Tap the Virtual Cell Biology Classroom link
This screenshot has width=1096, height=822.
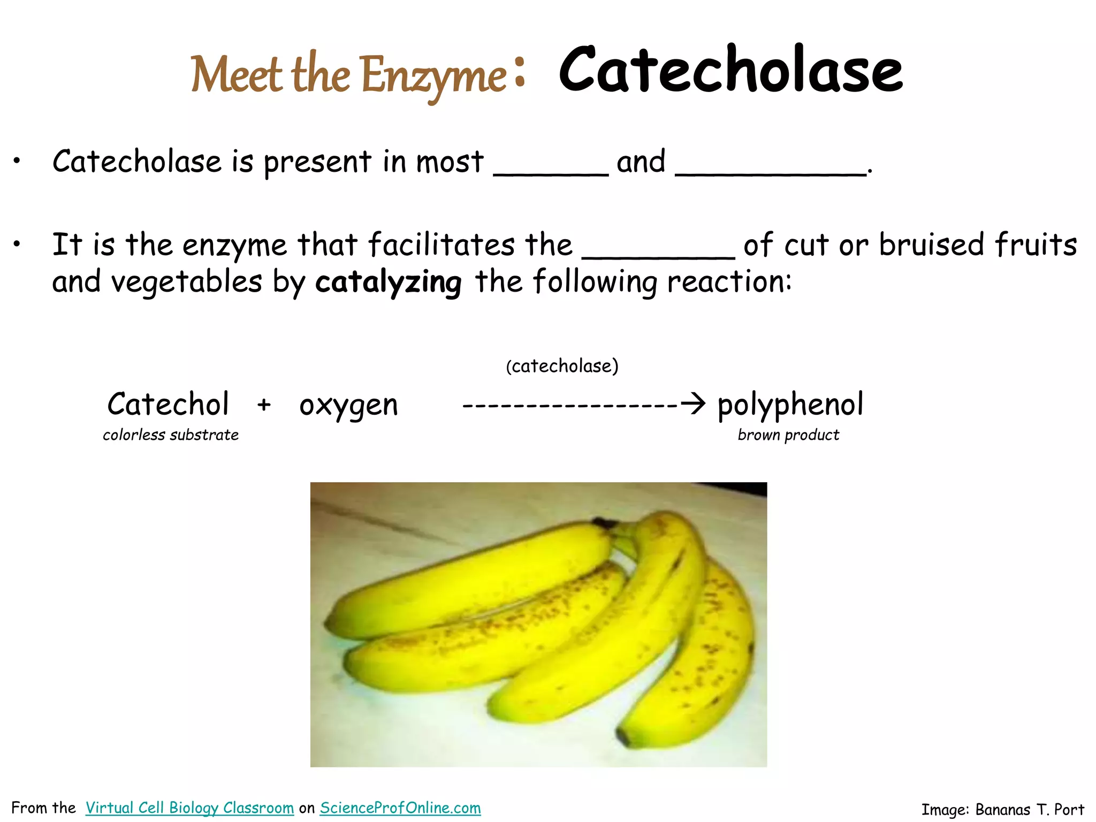click(189, 808)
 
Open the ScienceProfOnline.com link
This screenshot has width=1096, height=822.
click(400, 808)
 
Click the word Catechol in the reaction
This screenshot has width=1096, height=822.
click(168, 404)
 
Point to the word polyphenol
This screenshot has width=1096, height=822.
click(790, 405)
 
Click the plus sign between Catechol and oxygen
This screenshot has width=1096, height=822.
click(264, 405)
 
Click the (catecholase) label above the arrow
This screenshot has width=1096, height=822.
click(562, 366)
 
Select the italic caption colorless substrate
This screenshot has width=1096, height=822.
click(171, 435)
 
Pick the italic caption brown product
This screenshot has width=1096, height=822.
click(788, 435)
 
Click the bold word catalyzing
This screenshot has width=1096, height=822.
click(388, 282)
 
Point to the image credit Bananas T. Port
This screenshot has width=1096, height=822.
click(1002, 809)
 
